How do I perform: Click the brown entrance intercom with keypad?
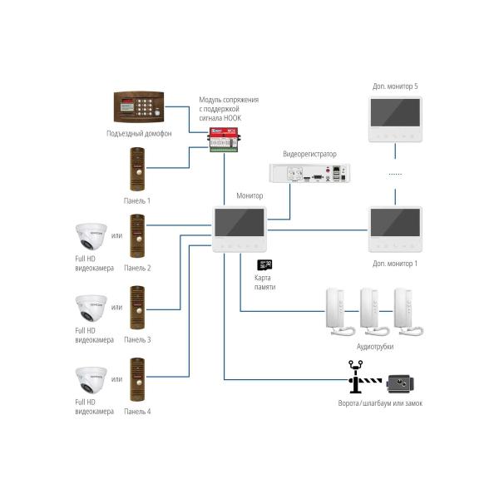(x=139, y=107)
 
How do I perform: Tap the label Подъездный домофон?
(x=139, y=134)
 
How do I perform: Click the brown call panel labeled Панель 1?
(x=137, y=170)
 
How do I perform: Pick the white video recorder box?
(x=309, y=173)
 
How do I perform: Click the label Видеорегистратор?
(x=309, y=155)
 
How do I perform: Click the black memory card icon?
(x=266, y=264)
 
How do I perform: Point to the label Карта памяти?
(x=264, y=282)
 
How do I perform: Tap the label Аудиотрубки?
(x=374, y=346)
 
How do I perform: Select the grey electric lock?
(x=400, y=383)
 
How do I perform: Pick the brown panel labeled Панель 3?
(x=137, y=308)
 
